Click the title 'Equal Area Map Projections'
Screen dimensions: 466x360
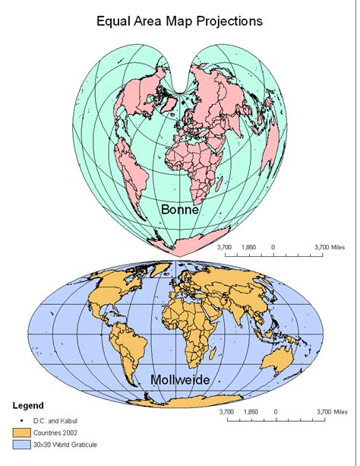(179, 21)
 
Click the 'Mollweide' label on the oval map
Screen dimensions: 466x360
(179, 379)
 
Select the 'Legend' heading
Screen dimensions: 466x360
(28, 405)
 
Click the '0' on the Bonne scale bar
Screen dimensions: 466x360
(273, 247)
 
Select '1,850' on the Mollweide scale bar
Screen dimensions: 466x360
(251, 412)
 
